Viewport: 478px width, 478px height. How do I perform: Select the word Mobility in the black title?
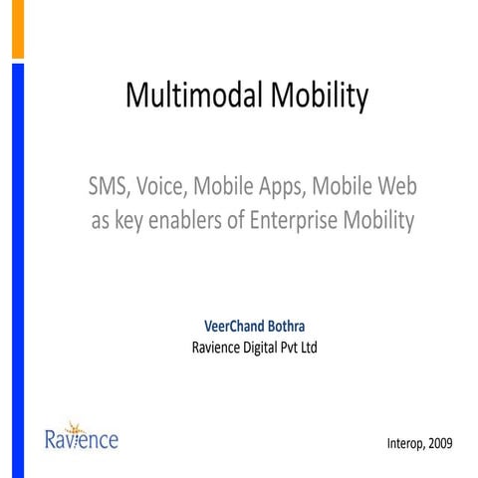(x=315, y=97)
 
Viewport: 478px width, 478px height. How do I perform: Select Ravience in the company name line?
(x=216, y=348)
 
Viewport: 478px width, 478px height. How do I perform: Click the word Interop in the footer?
(x=406, y=441)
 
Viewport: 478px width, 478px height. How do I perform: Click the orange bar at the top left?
(x=17, y=28)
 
